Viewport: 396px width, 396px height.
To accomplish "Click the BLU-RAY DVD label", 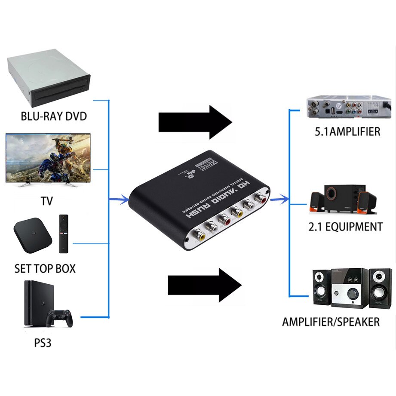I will [x=53, y=116].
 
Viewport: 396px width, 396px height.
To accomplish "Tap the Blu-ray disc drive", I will [x=48, y=79].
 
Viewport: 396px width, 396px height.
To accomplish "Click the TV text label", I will [x=49, y=201].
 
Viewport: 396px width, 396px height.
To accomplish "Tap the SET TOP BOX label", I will [x=45, y=269].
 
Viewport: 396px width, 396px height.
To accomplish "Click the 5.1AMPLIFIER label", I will [x=347, y=131].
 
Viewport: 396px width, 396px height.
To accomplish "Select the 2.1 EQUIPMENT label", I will [x=345, y=227].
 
